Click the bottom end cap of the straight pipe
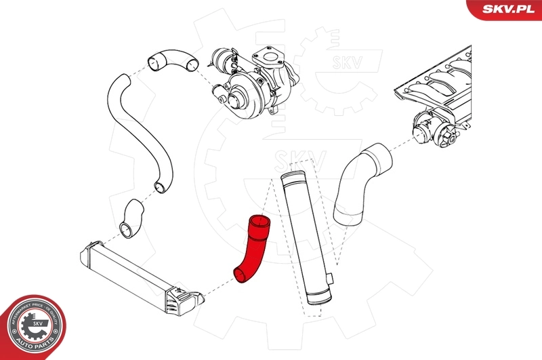click(x=318, y=304)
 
